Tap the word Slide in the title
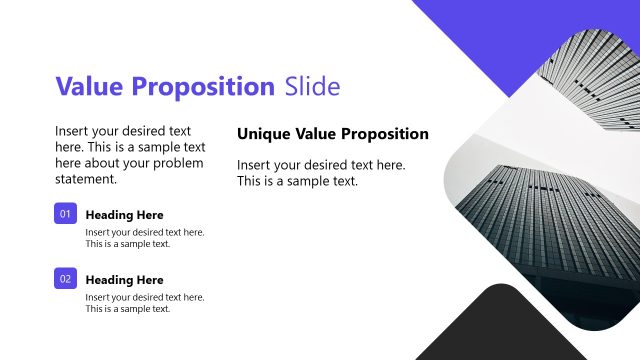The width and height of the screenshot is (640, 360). (312, 86)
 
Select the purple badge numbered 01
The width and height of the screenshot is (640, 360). (66, 214)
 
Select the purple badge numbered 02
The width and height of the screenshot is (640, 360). (66, 279)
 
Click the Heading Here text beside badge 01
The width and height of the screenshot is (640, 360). (124, 215)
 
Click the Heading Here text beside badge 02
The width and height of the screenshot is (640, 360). (124, 280)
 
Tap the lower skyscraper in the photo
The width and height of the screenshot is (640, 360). (540, 230)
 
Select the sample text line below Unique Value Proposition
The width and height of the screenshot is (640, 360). (297, 182)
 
